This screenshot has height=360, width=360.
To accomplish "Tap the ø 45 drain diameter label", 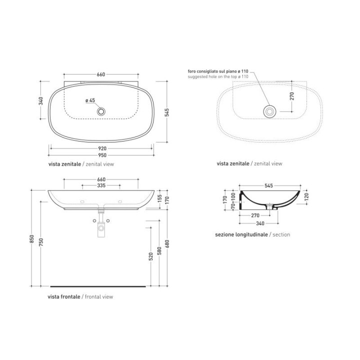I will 90,100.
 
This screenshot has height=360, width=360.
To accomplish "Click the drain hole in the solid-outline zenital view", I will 101,111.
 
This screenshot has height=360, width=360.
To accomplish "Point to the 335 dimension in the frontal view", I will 101,185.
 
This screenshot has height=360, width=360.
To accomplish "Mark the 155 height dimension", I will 160,198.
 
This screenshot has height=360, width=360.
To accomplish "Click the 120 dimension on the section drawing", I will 306,196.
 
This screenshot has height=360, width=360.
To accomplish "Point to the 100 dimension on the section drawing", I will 233,193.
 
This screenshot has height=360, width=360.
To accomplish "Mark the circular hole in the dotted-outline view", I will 270,111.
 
